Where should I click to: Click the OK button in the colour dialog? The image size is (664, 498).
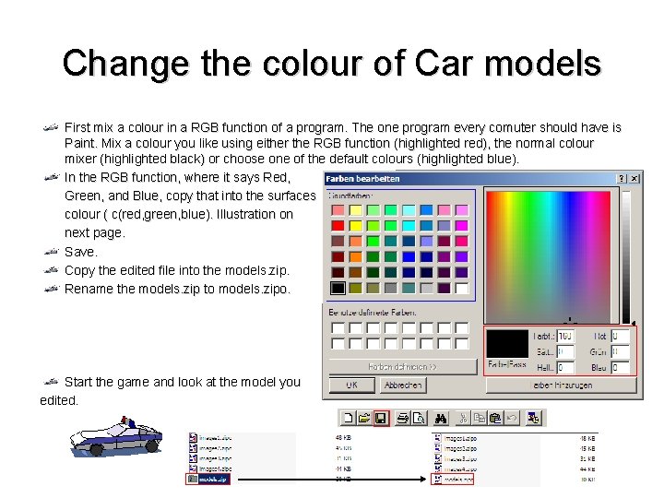click(352, 385)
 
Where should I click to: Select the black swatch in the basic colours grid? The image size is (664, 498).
click(338, 288)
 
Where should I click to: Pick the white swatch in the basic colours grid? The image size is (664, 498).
click(461, 288)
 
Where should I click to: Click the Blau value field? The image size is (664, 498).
click(620, 367)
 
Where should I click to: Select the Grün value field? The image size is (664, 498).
click(620, 351)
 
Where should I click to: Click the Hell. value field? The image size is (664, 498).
click(565, 367)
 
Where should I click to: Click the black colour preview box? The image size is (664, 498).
click(508, 344)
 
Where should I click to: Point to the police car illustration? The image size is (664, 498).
click(115, 435)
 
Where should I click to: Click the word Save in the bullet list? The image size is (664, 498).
click(80, 252)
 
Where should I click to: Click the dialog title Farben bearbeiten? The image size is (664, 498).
click(362, 177)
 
